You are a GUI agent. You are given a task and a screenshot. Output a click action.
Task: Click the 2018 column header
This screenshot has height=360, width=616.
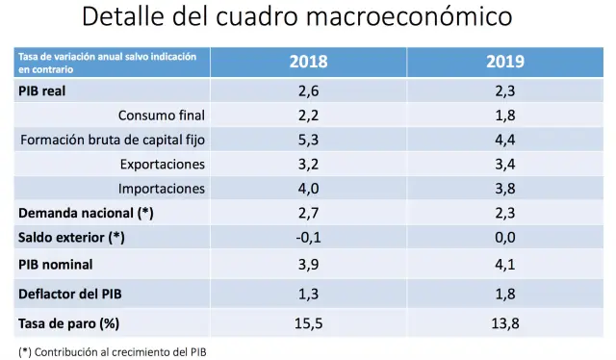(x=308, y=62)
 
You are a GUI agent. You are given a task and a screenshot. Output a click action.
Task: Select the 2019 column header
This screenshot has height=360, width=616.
(x=504, y=62)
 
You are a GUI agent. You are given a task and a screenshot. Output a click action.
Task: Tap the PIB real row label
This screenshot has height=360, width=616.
(x=45, y=90)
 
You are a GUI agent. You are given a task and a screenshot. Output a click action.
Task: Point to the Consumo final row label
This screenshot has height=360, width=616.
(x=162, y=115)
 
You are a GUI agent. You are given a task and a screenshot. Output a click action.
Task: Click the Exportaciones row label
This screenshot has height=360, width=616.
(x=163, y=164)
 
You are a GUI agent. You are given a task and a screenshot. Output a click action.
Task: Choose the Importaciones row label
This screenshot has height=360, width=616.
(x=162, y=188)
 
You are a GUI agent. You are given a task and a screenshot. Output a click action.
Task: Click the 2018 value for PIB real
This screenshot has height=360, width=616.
(x=308, y=90)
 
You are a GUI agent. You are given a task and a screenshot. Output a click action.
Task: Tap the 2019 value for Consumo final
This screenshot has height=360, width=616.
(x=504, y=115)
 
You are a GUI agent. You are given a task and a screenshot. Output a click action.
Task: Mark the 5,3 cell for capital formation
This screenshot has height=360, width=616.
(x=308, y=140)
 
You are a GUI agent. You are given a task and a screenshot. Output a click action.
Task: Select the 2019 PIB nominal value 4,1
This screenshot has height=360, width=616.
(x=504, y=263)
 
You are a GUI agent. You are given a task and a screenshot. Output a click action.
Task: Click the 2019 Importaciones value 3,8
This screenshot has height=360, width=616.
(x=504, y=188)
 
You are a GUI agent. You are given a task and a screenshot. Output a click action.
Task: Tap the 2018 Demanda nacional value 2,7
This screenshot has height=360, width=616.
(x=308, y=213)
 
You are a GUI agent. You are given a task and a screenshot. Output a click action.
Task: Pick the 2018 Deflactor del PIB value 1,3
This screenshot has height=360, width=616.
(x=308, y=292)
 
